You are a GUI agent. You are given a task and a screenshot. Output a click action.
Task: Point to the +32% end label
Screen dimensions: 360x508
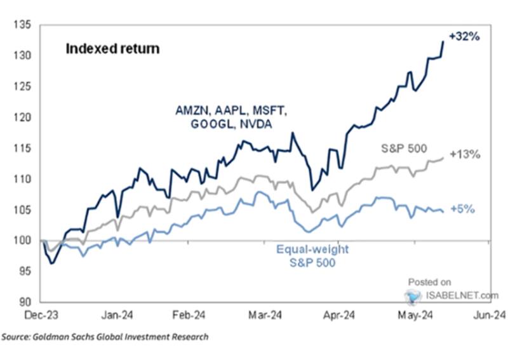coord(464,37)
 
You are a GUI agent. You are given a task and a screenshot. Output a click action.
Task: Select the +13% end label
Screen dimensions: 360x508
coord(464,154)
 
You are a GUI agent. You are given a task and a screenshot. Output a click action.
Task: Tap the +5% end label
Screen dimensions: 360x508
coord(462,209)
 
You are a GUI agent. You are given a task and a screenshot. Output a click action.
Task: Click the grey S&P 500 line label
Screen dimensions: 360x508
coord(399,147)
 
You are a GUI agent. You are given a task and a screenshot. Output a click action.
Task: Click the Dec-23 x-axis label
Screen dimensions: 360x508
coord(41,314)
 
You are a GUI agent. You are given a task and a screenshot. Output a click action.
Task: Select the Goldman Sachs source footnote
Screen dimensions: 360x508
coord(105,337)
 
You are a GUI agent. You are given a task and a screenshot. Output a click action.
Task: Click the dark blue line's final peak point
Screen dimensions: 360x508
coord(443,41)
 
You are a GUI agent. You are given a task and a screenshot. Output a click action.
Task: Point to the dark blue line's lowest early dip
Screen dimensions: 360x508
coord(51,263)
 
